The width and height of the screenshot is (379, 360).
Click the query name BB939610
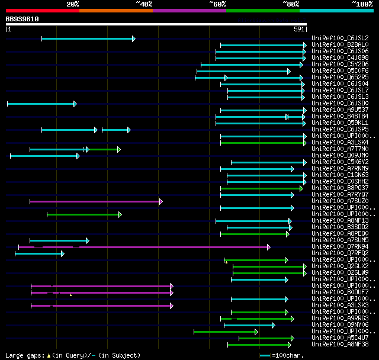click(23, 19)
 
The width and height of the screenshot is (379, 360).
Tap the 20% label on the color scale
click(73, 4)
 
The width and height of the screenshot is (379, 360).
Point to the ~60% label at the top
click(217, 4)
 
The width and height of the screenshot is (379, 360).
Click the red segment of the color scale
click(41, 11)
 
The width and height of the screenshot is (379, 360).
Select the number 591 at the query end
click(299, 28)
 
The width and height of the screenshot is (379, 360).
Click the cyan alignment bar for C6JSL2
click(88, 38)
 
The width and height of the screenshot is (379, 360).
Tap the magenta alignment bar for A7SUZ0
click(95, 201)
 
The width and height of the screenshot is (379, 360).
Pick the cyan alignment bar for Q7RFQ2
click(38, 253)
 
